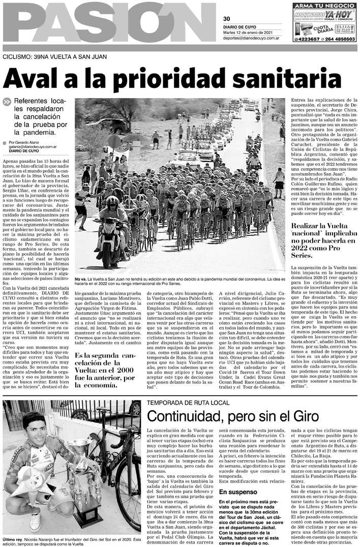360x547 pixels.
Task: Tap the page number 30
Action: (x=226, y=19)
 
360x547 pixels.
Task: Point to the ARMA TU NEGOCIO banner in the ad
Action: (x=324, y=6)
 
